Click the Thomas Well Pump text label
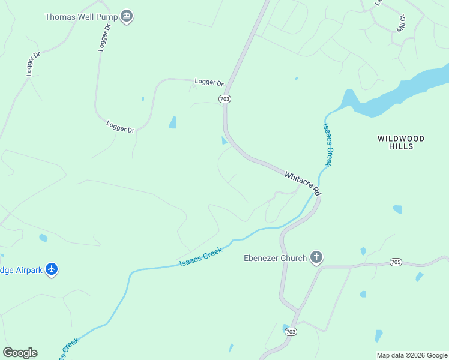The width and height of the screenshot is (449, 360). pos(81,17)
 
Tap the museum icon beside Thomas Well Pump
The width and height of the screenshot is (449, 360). pos(126,16)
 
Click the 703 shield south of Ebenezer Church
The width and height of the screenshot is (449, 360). pos(291,331)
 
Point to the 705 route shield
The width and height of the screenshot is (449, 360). pos(395,262)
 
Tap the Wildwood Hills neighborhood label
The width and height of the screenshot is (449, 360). pos(401,142)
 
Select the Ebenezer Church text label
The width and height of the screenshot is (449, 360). pos(275,259)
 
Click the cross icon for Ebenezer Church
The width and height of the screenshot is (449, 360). pos(316,259)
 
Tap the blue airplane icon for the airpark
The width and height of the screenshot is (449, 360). pos(52,269)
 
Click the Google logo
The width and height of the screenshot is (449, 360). pos(20,353)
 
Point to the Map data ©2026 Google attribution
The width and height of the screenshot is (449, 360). pos(412,355)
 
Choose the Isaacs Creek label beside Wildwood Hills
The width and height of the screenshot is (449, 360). pos(328,144)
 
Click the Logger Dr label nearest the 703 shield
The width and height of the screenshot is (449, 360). pos(209,82)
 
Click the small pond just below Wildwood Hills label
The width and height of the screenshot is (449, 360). pos(397,209)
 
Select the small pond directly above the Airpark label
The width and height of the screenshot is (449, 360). pos(43,238)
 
